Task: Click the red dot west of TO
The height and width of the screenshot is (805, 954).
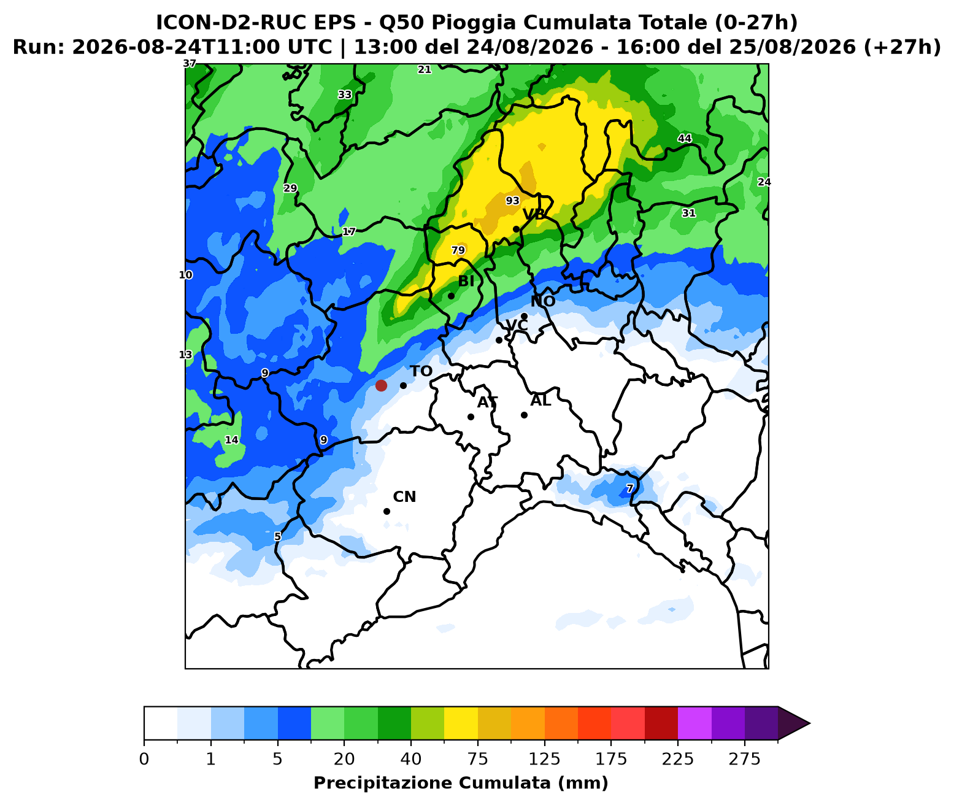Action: coord(381,385)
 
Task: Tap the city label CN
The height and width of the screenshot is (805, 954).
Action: coord(404,496)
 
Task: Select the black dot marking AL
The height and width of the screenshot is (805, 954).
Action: coord(524,415)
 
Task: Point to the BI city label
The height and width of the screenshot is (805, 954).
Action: coord(466,281)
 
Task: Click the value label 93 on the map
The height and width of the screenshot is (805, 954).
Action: coord(513,201)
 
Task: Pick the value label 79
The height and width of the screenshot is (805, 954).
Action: coord(458,250)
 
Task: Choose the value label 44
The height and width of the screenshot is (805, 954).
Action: coord(685,138)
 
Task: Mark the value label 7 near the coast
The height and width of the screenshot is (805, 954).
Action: coord(629,488)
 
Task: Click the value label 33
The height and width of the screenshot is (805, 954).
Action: coord(345,94)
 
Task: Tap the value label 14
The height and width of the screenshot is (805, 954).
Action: coord(232,439)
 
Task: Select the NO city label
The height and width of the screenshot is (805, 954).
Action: coord(543,301)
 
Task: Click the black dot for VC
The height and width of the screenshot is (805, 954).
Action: coord(499,340)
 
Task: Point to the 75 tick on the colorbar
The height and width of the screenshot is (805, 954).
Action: coord(477,741)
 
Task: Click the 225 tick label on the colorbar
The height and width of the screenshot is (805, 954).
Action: coord(677,760)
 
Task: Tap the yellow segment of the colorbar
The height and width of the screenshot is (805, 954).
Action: coord(461,723)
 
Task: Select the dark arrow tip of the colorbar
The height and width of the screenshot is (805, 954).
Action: coord(810,723)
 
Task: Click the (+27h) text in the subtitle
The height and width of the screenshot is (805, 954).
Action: coord(902,47)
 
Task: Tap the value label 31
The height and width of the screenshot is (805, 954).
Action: coord(688,213)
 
